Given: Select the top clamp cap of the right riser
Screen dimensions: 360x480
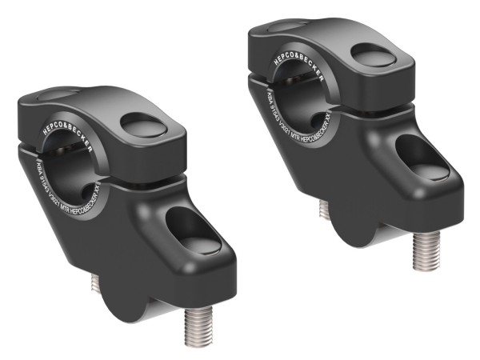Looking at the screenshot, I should click(336, 52).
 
